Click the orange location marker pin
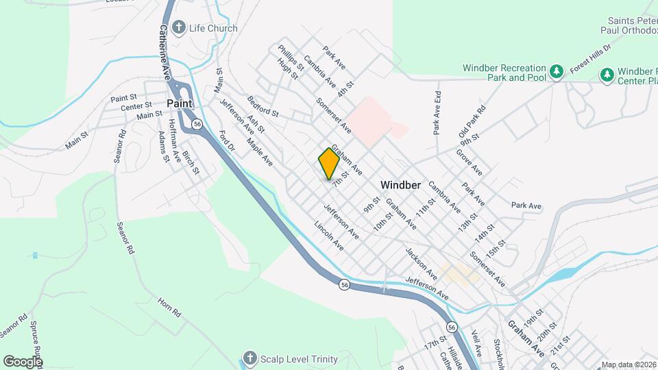(x=329, y=164)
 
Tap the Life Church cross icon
(x=179, y=28)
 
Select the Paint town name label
(x=179, y=103)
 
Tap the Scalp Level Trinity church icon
(x=250, y=359)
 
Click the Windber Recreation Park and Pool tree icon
(x=557, y=72)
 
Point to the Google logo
(x=23, y=361)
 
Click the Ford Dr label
(x=227, y=142)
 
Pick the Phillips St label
(x=290, y=56)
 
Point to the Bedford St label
(x=263, y=106)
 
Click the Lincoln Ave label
(x=328, y=235)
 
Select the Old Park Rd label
(x=472, y=119)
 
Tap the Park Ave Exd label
(x=435, y=112)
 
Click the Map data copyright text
(x=628, y=365)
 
